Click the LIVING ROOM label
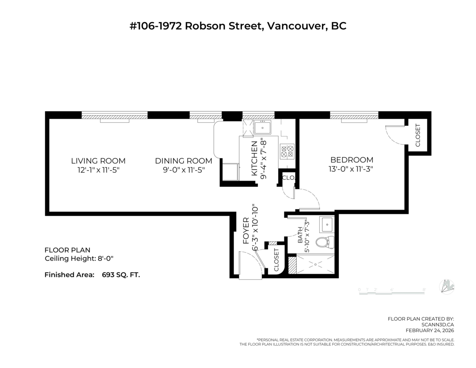(x=98, y=161)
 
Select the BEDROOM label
(x=351, y=160)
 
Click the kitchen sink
(x=262, y=127)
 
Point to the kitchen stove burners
(x=287, y=152)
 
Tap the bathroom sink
(x=327, y=224)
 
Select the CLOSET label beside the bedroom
(x=418, y=135)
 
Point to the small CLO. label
(x=288, y=178)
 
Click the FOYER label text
(x=246, y=231)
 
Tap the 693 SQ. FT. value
(x=121, y=274)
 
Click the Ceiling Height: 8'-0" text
(x=79, y=258)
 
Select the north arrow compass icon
(x=447, y=286)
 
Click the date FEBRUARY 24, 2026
(x=430, y=330)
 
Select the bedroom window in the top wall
(x=354, y=116)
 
